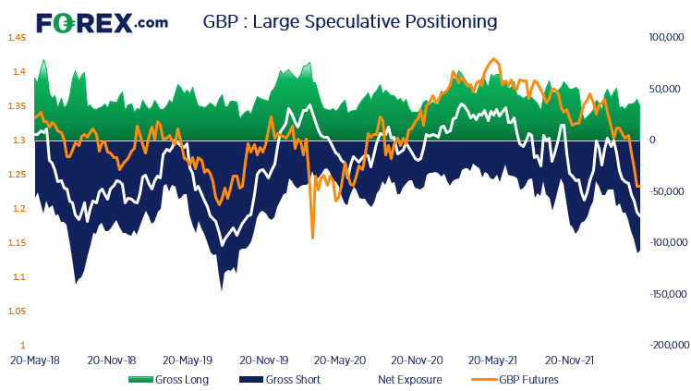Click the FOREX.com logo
pyautogui.click(x=101, y=21)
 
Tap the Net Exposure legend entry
pyautogui.click(x=409, y=379)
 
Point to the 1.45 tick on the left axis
pyautogui.click(x=17, y=38)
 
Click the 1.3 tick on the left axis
pyautogui.click(x=18, y=141)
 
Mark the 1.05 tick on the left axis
pyautogui.click(x=17, y=312)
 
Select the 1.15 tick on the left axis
pyautogui.click(x=17, y=243)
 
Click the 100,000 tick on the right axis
pyautogui.click(x=664, y=38)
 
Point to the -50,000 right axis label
pyautogui.click(x=666, y=191)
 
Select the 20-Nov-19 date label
pyautogui.click(x=263, y=360)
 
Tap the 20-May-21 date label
pyautogui.click(x=493, y=360)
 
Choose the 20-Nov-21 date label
pyautogui.click(x=569, y=360)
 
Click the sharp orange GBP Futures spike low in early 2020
pyautogui.click(x=312, y=238)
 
